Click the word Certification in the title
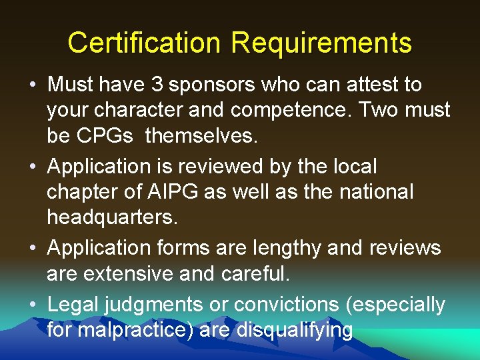tap(143, 43)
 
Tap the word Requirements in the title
tap(321, 43)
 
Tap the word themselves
tap(201, 136)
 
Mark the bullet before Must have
tap(32, 85)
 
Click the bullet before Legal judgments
tap(32, 305)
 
